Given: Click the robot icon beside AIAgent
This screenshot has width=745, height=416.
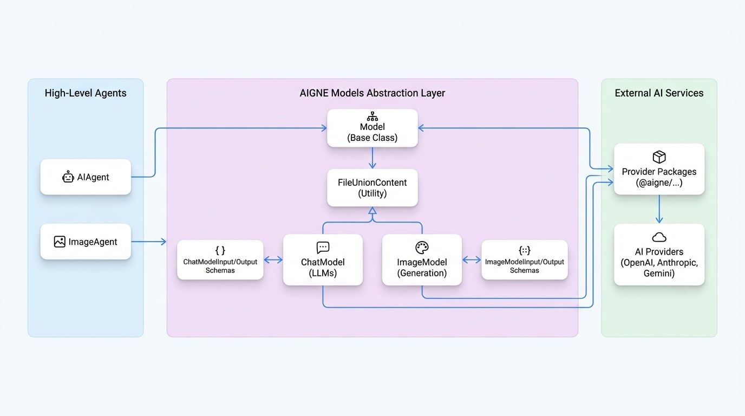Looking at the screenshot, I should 68,177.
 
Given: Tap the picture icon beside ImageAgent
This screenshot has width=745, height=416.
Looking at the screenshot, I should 60,242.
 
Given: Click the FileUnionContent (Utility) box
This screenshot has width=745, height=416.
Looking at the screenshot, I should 372,187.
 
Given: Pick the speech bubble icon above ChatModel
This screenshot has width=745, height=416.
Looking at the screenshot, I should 323,248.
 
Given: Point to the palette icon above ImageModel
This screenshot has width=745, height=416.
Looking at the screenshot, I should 422,248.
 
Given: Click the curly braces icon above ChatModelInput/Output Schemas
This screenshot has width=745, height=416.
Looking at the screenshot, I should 220,250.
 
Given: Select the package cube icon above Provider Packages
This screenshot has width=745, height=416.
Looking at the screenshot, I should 659,157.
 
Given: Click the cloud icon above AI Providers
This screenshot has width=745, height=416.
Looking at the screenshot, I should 659,237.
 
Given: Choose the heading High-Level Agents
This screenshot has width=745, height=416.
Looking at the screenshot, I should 86,93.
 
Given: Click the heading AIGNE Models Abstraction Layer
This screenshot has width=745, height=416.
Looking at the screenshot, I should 372,93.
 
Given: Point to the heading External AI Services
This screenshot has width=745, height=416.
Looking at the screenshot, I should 659,93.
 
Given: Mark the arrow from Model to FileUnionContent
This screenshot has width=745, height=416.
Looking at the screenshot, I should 372,158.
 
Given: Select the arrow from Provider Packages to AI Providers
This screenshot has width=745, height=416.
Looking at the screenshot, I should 659,209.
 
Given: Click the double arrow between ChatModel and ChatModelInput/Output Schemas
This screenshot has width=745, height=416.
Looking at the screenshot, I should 273,260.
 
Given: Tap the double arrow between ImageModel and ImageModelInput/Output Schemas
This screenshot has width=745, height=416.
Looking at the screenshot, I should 472,260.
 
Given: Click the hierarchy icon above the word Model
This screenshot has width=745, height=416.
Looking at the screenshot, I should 372,116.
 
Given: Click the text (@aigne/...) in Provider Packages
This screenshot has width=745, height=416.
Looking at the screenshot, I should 659,183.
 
